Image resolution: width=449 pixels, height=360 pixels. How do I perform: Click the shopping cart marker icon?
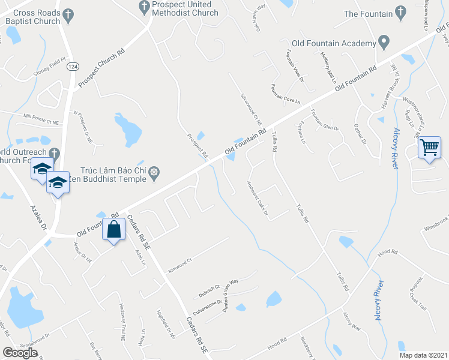point(430,147)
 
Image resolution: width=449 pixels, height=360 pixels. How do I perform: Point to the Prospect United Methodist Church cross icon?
point(144,7)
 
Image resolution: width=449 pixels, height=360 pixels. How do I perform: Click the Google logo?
point(20,352)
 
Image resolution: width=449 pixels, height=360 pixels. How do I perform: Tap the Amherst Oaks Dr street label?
point(256,197)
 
